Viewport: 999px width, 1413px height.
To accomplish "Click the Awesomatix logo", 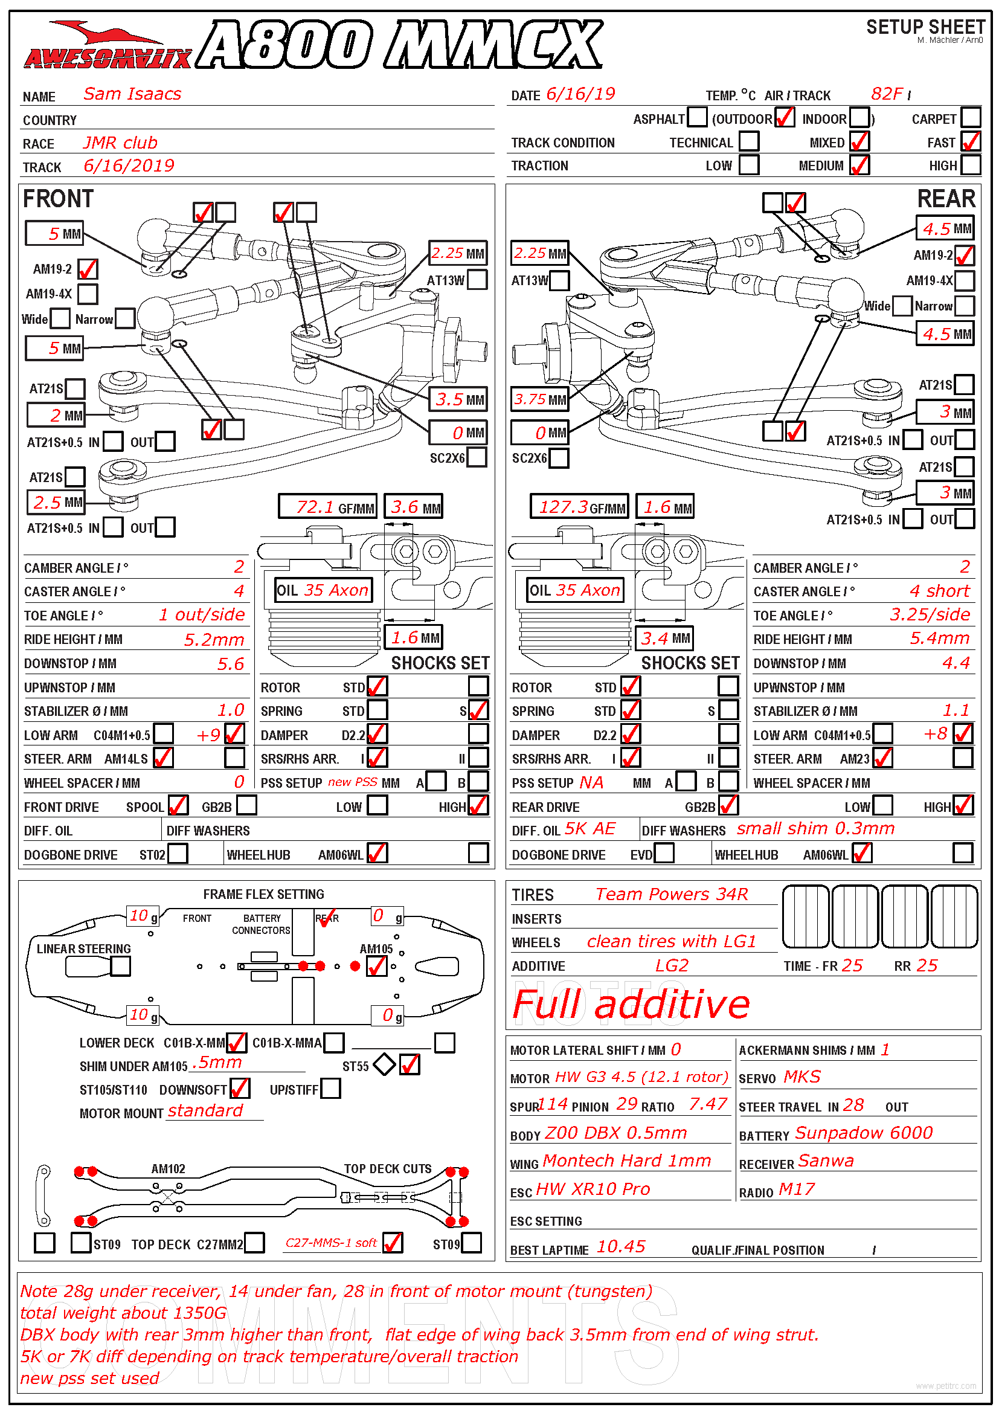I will [x=108, y=46].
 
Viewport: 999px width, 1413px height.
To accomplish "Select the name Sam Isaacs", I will [x=132, y=94].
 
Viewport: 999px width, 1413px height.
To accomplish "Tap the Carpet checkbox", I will [x=971, y=118].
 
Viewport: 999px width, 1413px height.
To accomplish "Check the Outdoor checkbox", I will [x=785, y=118].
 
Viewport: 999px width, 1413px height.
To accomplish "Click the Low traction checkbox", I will [x=748, y=165].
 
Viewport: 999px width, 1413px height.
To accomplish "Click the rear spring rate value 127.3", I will [x=564, y=507].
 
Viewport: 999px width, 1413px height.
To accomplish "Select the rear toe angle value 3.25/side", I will [x=930, y=615].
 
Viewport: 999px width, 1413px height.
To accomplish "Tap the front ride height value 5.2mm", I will [x=214, y=640].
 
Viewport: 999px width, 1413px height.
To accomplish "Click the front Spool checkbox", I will [x=178, y=806].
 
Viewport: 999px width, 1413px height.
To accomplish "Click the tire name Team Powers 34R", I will [x=672, y=894].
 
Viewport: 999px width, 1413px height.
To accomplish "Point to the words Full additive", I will [x=631, y=1005].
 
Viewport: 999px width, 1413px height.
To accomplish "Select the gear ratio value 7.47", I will [x=707, y=1105].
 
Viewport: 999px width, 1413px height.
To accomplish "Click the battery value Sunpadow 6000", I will [x=864, y=1133].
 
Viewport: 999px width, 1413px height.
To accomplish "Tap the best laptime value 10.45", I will [x=621, y=1247].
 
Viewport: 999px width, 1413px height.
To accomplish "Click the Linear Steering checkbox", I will [x=121, y=967].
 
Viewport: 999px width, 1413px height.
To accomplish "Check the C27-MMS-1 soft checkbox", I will [x=393, y=1243].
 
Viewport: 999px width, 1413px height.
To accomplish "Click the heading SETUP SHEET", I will [x=925, y=27].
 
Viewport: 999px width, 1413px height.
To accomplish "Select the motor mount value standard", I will [x=205, y=1111].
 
